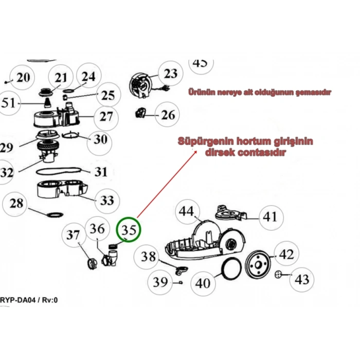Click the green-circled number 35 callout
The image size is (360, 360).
(x=129, y=229)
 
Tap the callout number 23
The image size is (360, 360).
(x=171, y=74)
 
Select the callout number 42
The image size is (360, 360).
(x=286, y=254)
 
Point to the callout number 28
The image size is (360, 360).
(x=16, y=203)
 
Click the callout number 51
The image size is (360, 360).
(x=8, y=103)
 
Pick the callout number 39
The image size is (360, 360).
(x=160, y=282)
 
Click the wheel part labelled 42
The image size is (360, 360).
(x=258, y=265)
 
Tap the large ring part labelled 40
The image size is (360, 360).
(x=231, y=268)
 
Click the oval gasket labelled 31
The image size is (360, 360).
(x=59, y=171)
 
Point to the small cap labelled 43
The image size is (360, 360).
(x=278, y=274)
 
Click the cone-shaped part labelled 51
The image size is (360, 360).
(x=47, y=102)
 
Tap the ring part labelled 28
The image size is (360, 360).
(x=55, y=214)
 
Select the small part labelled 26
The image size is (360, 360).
(x=140, y=113)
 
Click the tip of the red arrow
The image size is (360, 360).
(x=197, y=151)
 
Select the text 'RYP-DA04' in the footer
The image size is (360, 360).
(x=18, y=300)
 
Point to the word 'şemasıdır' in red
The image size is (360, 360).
(x=313, y=92)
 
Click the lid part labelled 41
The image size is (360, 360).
(x=231, y=213)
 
